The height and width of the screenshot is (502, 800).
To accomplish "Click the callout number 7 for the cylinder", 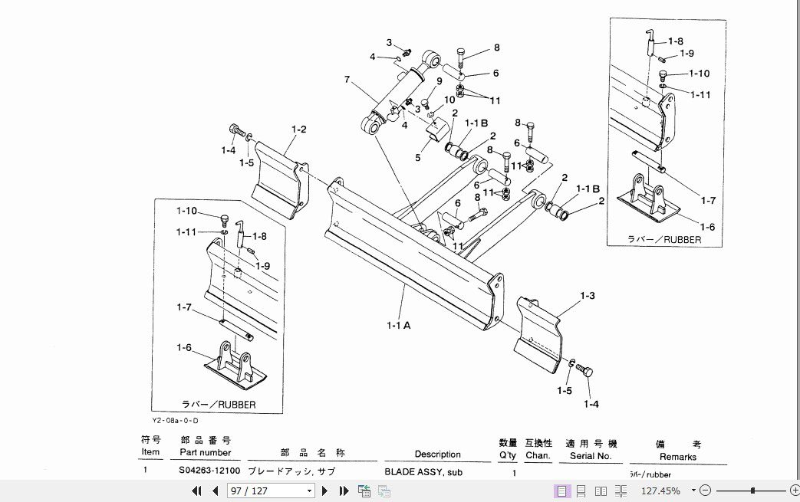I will coord(347,80).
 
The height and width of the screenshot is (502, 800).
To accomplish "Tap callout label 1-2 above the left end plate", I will coord(298,129).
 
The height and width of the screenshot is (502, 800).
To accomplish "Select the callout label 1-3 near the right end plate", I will coord(588,295).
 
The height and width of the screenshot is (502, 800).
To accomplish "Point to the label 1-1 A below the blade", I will coord(399,325).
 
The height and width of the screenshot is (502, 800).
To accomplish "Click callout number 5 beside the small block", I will coord(418,158).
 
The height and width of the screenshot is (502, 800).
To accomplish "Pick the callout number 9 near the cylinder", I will coord(440,80).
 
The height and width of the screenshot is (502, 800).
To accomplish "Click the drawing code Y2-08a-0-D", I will coord(175,420).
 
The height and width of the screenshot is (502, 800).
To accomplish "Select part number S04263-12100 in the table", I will coord(209,471).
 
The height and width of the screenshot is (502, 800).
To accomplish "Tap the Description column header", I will coord(438,454).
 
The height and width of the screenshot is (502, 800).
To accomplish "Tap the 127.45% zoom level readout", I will coord(661,491).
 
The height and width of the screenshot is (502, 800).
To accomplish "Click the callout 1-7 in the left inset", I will coord(184,307).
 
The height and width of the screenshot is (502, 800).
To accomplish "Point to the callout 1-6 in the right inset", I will coord(706,226).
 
